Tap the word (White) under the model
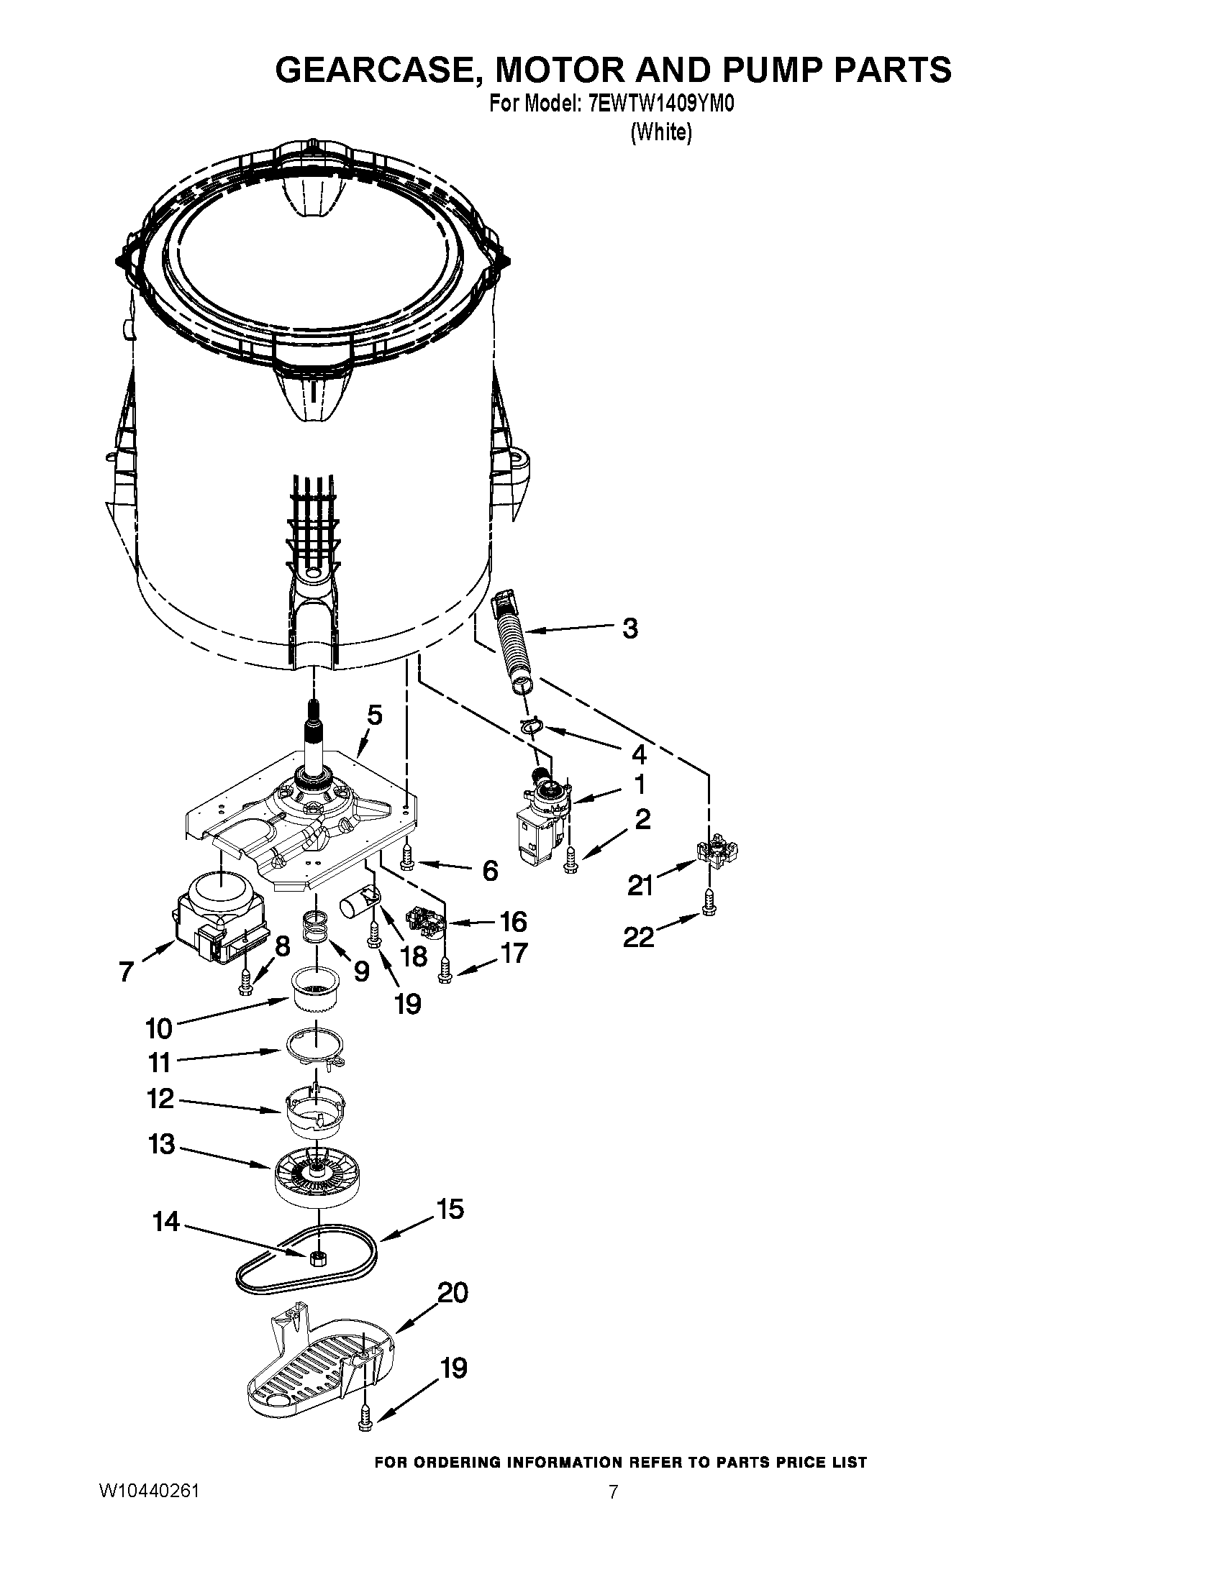(x=660, y=133)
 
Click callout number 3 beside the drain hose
(x=630, y=628)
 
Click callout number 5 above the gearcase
(x=374, y=715)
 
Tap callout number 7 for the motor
(x=127, y=971)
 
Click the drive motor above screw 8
(x=219, y=917)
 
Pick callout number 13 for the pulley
(x=162, y=1145)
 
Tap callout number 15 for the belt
(x=450, y=1209)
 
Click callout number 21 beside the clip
(x=640, y=884)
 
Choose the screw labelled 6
(x=406, y=858)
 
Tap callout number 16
(x=513, y=921)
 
